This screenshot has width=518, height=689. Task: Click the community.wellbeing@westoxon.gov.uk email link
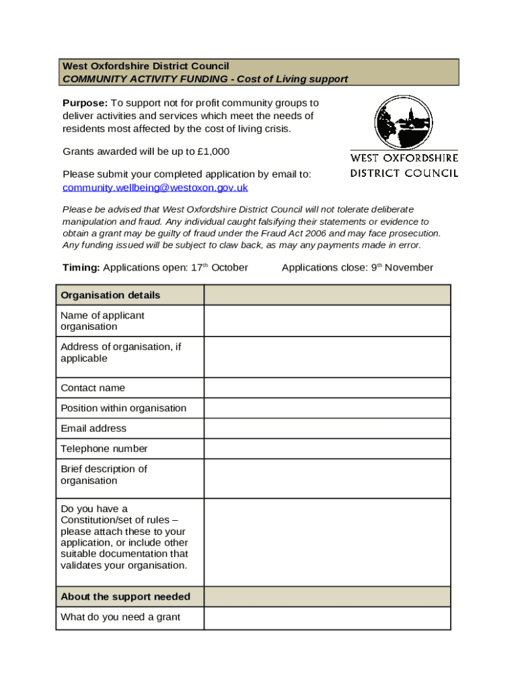click(x=155, y=188)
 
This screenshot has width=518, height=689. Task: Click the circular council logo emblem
click(x=404, y=122)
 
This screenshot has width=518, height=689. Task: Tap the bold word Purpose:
click(x=85, y=103)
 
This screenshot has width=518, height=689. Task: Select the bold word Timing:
click(x=81, y=268)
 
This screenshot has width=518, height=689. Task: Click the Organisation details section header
click(x=110, y=295)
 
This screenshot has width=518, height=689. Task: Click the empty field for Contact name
click(x=327, y=388)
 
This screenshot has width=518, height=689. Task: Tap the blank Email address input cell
click(x=327, y=428)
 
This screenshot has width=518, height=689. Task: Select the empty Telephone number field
click(x=327, y=448)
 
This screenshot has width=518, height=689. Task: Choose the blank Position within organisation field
click(x=327, y=408)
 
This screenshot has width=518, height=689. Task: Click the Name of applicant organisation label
click(x=102, y=321)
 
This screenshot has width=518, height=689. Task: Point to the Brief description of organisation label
click(x=104, y=474)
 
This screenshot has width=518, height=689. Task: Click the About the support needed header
click(x=125, y=597)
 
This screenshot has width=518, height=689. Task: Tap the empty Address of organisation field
click(x=327, y=357)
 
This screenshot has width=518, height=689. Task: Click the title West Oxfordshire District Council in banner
click(x=145, y=66)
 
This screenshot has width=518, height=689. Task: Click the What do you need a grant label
click(x=120, y=617)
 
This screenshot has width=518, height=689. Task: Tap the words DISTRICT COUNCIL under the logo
click(x=404, y=173)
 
